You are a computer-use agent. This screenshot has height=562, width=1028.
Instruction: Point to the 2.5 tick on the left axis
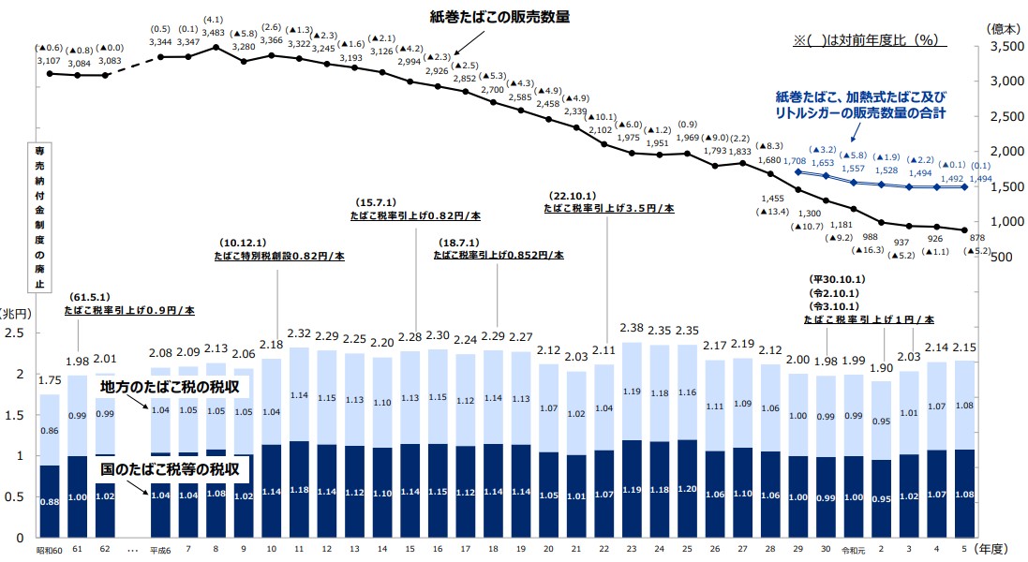point(15,333)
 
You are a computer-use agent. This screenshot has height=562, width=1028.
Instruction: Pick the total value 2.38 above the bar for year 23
point(631,329)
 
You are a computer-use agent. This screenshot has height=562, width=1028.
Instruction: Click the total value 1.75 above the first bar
point(49,380)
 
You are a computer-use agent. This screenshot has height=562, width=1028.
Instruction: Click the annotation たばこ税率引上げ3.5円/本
point(608,209)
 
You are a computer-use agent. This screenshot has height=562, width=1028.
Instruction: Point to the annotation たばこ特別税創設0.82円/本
point(279,254)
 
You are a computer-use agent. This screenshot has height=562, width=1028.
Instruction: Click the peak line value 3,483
point(216,33)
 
